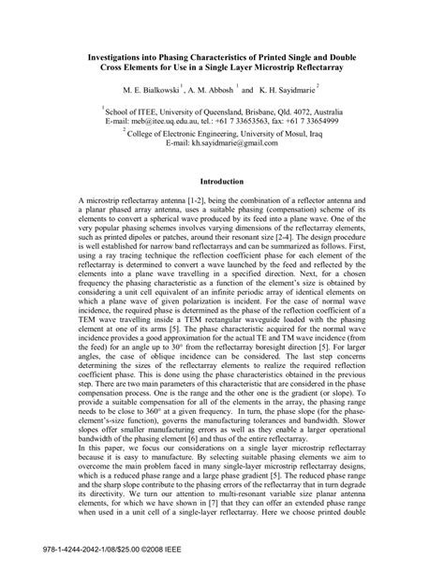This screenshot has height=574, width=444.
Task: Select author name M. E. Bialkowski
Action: [x=152, y=91]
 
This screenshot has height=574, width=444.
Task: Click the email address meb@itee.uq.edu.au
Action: [x=159, y=121]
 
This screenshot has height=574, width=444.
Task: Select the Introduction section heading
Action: [x=222, y=181]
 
